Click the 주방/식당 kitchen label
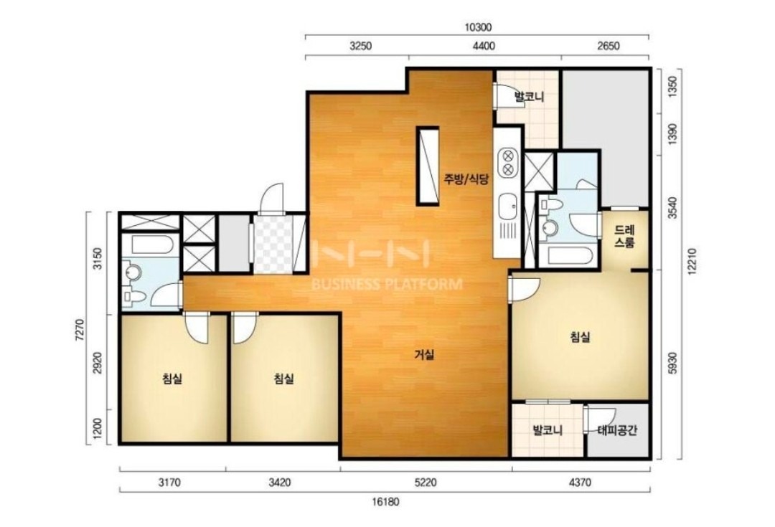coord(466,179)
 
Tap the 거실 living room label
coord(424,354)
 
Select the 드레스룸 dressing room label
coord(624,237)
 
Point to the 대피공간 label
coord(617,430)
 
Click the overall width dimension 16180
coord(385,503)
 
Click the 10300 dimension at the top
coord(478,28)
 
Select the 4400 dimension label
coord(484,47)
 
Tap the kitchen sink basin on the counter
coord(507,206)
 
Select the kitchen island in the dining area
coord(428,166)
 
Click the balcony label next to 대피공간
coord(548,430)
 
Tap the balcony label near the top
coord(529,96)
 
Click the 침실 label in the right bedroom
coord(581,337)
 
